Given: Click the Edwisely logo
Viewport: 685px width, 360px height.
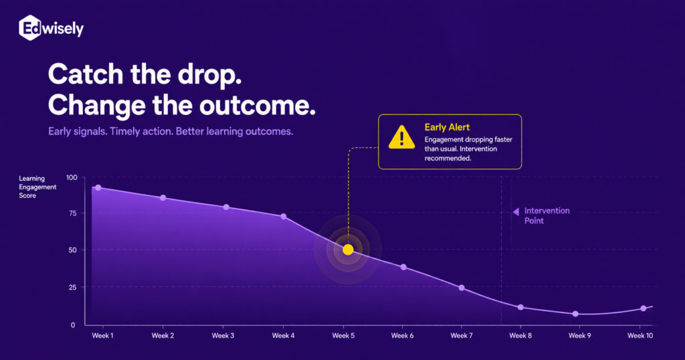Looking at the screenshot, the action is pyautogui.click(x=51, y=28).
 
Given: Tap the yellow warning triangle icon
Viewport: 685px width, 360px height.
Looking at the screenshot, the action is pyautogui.click(x=401, y=137).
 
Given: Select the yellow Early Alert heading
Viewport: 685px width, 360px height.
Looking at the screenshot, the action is pyautogui.click(x=447, y=127).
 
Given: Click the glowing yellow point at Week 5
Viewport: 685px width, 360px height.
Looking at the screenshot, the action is pyautogui.click(x=348, y=250).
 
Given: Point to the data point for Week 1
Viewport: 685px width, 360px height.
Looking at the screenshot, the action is pyautogui.click(x=98, y=188).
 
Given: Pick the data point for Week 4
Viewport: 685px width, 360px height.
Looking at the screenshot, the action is pyautogui.click(x=284, y=217).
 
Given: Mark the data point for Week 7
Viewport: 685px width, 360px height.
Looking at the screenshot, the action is pyautogui.click(x=462, y=288).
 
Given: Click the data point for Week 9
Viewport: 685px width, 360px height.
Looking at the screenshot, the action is pyautogui.click(x=575, y=314).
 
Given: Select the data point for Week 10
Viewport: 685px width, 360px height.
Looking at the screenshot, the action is pyautogui.click(x=644, y=308).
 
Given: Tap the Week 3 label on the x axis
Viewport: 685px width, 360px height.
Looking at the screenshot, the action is pyautogui.click(x=223, y=335).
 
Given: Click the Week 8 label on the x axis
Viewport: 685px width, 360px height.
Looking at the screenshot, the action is pyautogui.click(x=520, y=335).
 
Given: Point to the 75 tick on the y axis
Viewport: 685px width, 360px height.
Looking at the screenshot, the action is pyautogui.click(x=72, y=213).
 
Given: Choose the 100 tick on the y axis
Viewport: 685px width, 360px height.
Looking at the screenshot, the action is pyautogui.click(x=72, y=177).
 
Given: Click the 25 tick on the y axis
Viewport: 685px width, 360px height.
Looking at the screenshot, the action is pyautogui.click(x=72, y=287).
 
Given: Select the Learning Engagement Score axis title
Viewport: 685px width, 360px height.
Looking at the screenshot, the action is pyautogui.click(x=37, y=187).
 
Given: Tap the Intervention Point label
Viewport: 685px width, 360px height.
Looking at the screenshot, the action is pyautogui.click(x=547, y=215).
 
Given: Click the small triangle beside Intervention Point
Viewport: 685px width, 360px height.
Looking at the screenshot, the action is pyautogui.click(x=516, y=211).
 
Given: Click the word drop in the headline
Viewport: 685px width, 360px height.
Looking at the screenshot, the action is pyautogui.click(x=209, y=75).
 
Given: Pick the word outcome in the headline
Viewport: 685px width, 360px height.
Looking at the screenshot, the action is pyautogui.click(x=258, y=106).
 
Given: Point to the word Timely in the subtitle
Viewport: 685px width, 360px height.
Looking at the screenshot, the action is pyautogui.click(x=125, y=132).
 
